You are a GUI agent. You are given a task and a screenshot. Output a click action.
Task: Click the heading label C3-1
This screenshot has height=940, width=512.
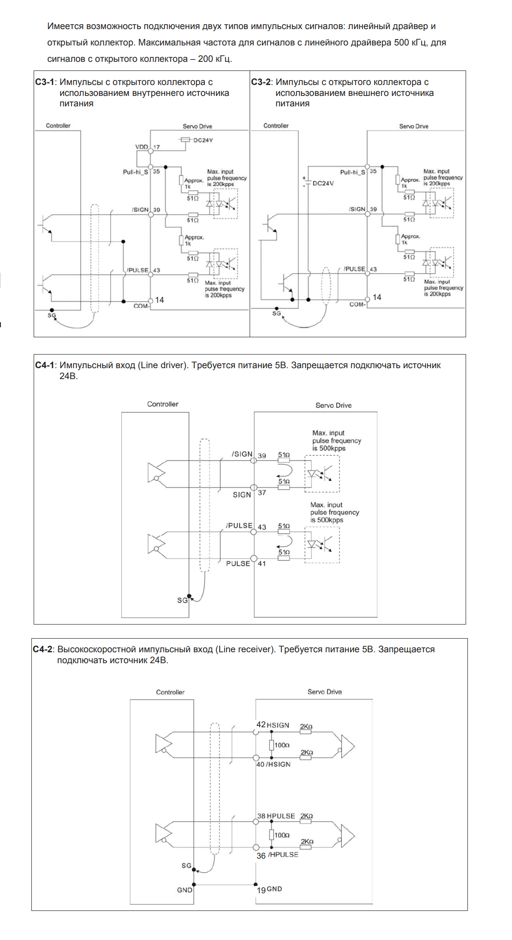44,82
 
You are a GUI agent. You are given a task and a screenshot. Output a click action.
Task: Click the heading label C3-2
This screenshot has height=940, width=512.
261,82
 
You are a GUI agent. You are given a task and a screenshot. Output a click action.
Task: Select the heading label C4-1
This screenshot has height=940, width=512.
44,365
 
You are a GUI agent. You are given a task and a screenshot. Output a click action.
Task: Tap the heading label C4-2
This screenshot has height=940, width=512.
42,650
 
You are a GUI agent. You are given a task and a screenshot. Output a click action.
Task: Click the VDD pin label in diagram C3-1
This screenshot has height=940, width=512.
141,147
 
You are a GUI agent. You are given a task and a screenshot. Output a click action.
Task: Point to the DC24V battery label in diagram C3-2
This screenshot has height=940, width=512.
323,183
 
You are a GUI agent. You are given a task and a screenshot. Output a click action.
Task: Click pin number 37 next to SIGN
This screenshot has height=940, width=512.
262,493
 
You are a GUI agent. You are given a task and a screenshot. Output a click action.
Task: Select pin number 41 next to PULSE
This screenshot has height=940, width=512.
262,564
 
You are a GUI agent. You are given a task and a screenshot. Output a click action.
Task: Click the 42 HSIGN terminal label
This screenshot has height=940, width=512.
273,725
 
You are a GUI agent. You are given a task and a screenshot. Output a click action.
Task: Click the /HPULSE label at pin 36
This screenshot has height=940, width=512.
283,855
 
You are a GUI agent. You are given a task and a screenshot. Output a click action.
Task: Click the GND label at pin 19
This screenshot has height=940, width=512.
274,889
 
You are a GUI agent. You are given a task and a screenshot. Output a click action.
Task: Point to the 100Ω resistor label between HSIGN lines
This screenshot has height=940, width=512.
282,745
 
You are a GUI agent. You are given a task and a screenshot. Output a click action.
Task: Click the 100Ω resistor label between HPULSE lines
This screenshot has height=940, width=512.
282,835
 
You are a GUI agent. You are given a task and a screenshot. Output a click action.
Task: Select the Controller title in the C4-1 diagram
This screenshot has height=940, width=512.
162,404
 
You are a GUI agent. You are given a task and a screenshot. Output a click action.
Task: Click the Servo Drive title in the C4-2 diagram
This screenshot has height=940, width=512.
324,692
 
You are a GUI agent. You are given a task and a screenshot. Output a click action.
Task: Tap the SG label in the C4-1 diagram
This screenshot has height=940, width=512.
182,600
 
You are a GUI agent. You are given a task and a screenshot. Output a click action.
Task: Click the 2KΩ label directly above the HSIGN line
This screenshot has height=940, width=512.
306,726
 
